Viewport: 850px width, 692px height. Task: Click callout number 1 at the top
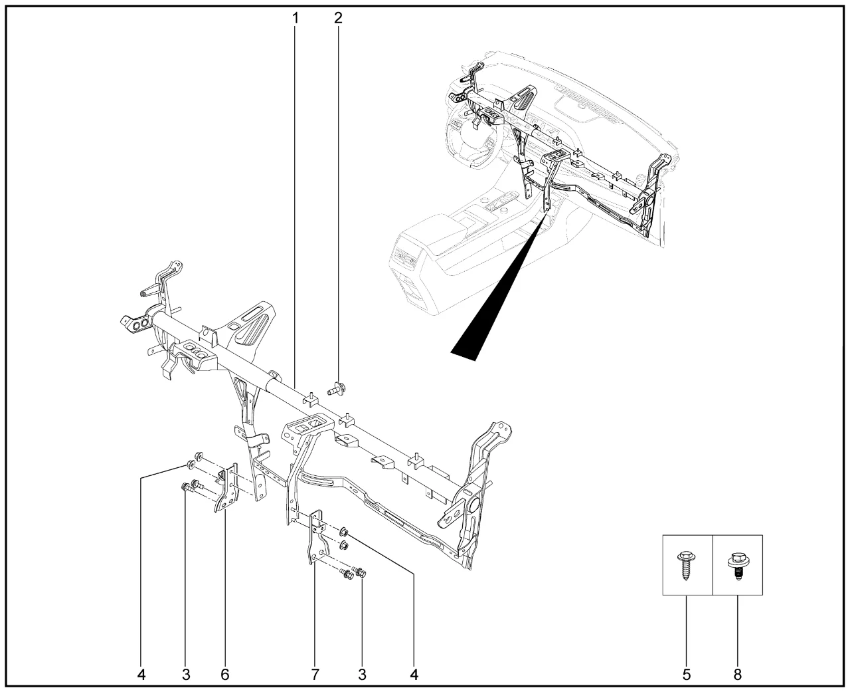pyautogui.click(x=296, y=18)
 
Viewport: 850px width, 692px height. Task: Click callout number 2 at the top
pyautogui.click(x=338, y=18)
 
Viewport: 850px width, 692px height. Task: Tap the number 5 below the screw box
pyautogui.click(x=687, y=675)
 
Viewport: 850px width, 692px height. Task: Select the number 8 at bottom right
pyautogui.click(x=738, y=675)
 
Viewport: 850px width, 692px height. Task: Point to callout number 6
pyautogui.click(x=225, y=675)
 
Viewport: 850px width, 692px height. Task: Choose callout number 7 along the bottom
pyautogui.click(x=315, y=675)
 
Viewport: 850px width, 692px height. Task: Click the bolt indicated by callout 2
pyautogui.click(x=337, y=388)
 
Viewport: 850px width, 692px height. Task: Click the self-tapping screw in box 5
pyautogui.click(x=687, y=565)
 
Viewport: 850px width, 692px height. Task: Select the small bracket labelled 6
pyautogui.click(x=226, y=488)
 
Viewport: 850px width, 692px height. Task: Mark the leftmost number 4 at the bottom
pyautogui.click(x=141, y=675)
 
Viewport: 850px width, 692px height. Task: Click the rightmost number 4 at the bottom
pyautogui.click(x=414, y=675)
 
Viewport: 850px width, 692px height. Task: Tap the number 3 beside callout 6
pyautogui.click(x=186, y=675)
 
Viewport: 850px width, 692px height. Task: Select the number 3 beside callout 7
pyautogui.click(x=362, y=675)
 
